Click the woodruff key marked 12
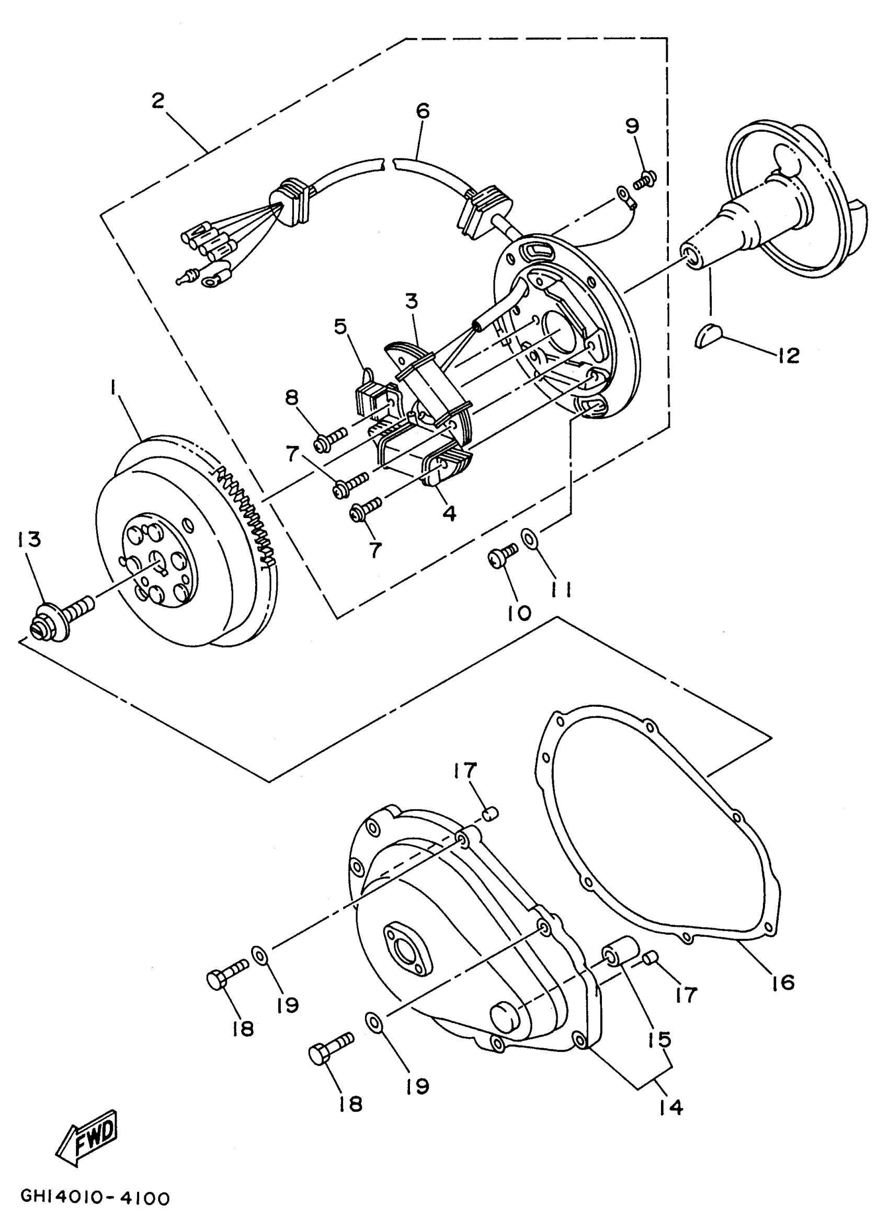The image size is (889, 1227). coord(706,336)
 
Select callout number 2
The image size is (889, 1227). coord(157,100)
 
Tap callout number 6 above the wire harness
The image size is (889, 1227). coord(423,111)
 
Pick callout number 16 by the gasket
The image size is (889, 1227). coord(784,982)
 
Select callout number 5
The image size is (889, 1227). coord(340,327)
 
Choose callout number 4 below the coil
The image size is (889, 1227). coord(449,512)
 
